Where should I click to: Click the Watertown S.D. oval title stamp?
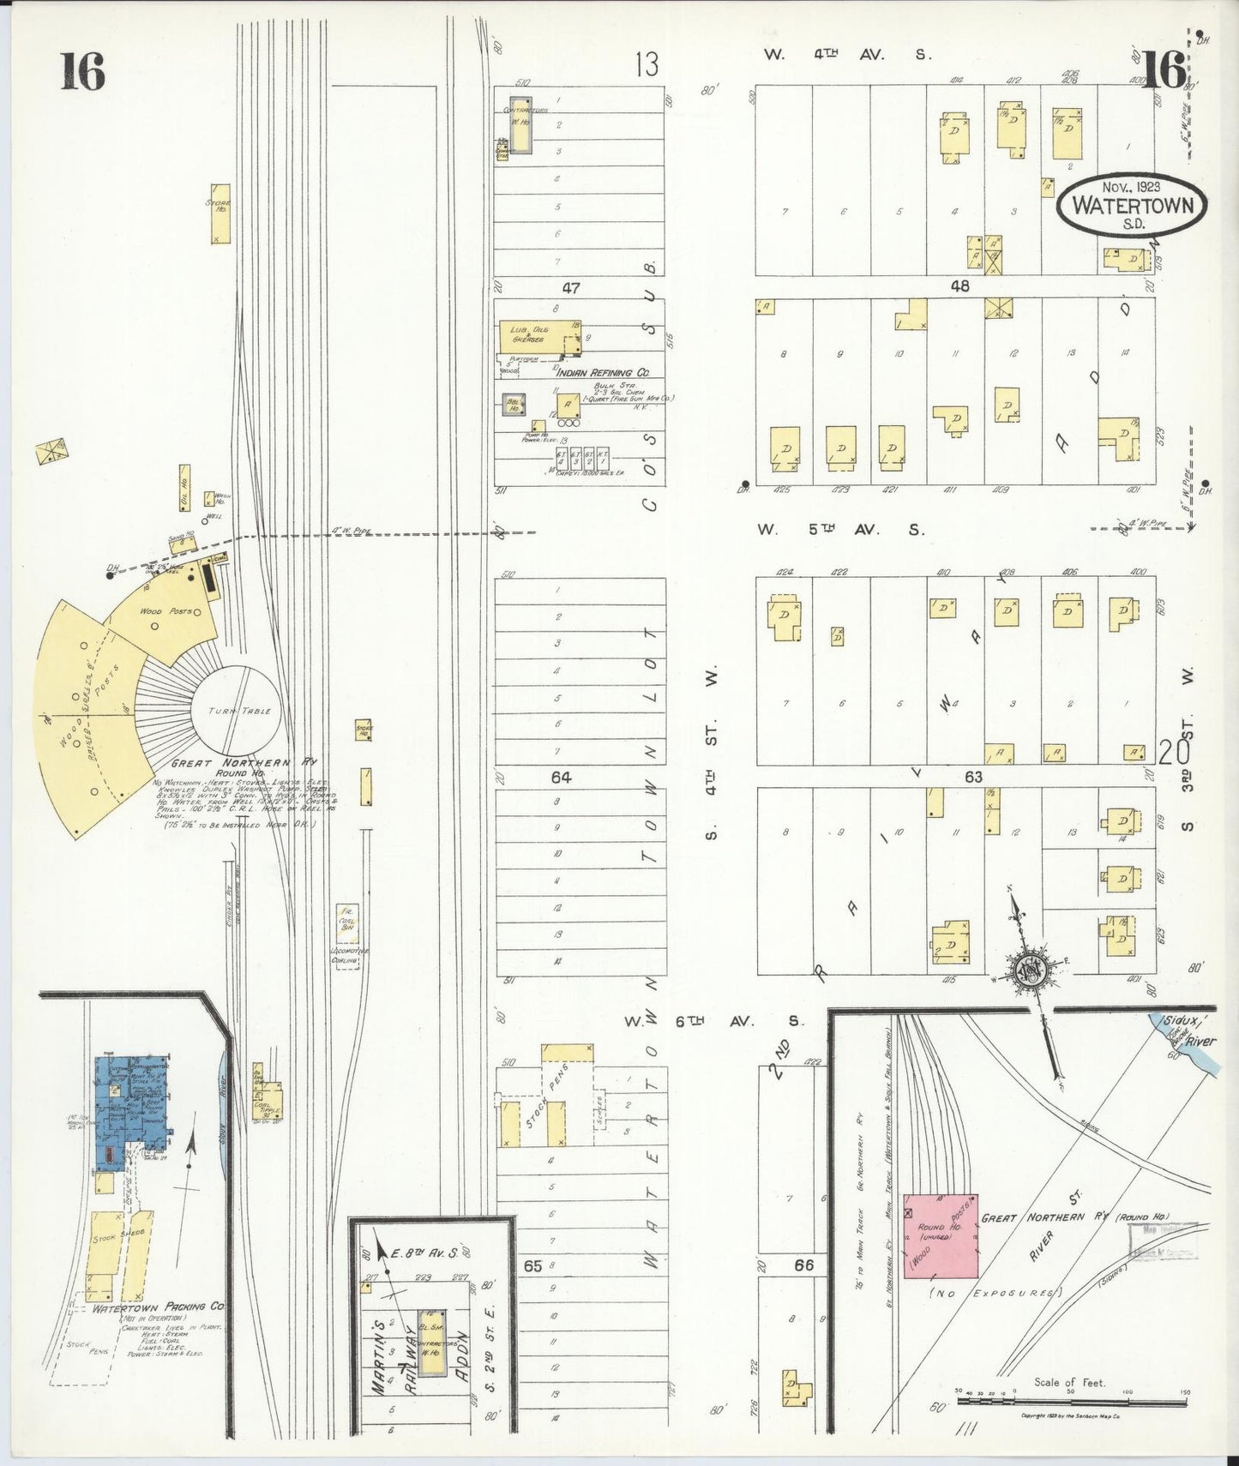pyautogui.click(x=1130, y=206)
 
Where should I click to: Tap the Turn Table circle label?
pyautogui.click(x=238, y=711)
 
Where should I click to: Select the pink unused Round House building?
pyautogui.click(x=941, y=1234)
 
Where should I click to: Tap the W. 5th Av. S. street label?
pyautogui.click(x=840, y=530)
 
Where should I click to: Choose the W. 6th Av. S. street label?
pyautogui.click(x=713, y=1021)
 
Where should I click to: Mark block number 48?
pyautogui.click(x=959, y=286)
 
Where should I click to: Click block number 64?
pyautogui.click(x=561, y=777)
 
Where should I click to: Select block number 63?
pyautogui.click(x=973, y=777)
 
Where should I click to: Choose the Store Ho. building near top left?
pyautogui.click(x=220, y=213)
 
